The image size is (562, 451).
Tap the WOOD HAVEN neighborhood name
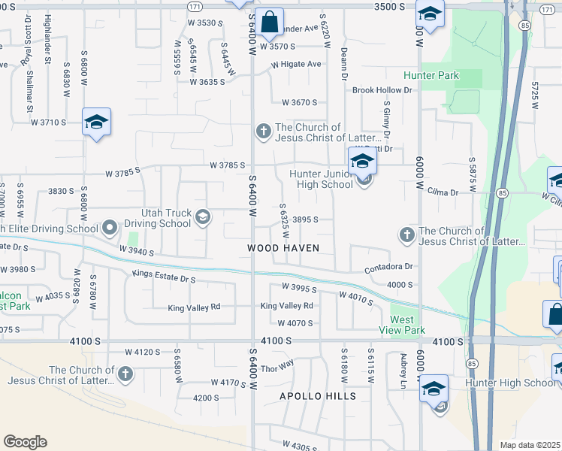284,247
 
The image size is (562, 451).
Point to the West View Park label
407,325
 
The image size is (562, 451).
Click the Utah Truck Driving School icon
202,218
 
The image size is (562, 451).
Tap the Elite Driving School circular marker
110,226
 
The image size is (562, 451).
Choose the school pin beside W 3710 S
96,123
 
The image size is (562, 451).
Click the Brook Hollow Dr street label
383,90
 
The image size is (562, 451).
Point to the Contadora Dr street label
388,267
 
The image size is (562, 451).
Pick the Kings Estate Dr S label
163,279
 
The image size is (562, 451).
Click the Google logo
25,442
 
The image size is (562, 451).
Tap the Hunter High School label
521,383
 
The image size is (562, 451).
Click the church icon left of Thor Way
125,374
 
